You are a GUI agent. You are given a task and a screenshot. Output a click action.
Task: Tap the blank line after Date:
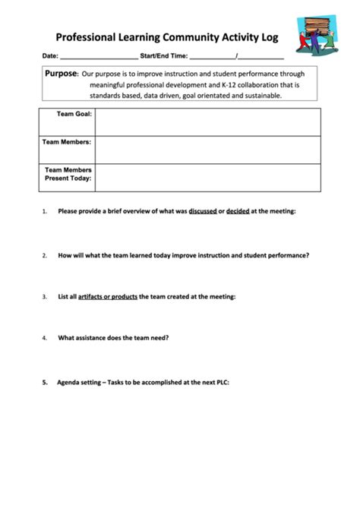click(99, 56)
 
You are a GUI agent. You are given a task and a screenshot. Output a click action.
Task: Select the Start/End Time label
click(163, 56)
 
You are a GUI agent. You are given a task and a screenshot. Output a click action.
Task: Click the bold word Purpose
click(62, 74)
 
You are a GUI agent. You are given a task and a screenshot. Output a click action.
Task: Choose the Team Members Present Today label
click(68, 174)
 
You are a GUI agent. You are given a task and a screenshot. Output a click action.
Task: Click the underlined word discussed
click(203, 210)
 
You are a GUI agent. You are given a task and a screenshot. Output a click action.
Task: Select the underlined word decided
click(238, 210)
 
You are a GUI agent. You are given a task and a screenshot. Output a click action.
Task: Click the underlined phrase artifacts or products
click(109, 296)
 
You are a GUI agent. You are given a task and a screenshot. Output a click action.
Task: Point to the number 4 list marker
click(45, 338)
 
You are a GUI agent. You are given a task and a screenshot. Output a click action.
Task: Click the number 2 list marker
click(45, 256)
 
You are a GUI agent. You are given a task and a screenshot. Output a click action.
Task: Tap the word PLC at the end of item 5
click(221, 383)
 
